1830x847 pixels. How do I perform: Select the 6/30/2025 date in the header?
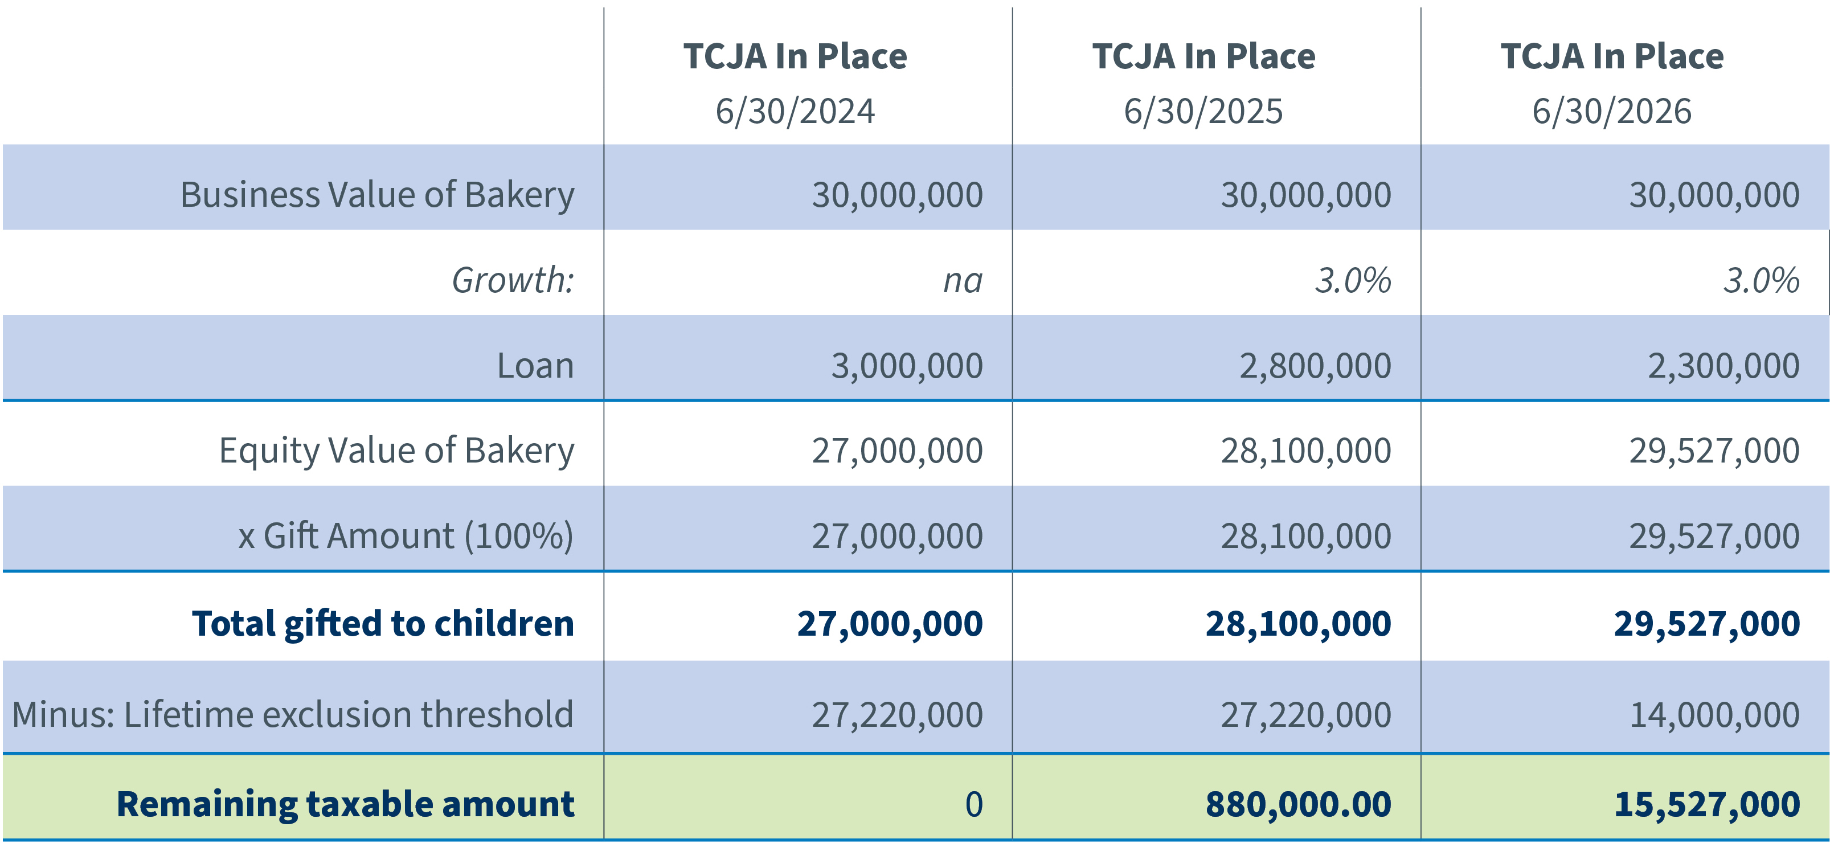(x=1203, y=112)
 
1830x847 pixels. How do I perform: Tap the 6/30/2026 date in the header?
(x=1611, y=112)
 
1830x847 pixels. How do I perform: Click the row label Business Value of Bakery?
(x=376, y=195)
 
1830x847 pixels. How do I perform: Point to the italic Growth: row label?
(x=513, y=280)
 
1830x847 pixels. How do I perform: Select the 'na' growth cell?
(x=963, y=280)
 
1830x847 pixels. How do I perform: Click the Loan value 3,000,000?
(x=907, y=366)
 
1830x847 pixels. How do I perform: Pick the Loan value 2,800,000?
(x=1315, y=366)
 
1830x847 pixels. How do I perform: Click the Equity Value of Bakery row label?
(x=396, y=451)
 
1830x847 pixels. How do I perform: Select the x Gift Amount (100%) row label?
(x=405, y=536)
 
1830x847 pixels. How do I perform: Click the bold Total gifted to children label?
(x=383, y=624)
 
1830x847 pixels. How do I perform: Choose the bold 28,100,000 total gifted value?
(x=1298, y=624)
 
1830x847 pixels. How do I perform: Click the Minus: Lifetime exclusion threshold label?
(x=293, y=715)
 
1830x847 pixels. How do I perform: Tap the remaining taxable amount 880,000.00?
(x=1298, y=804)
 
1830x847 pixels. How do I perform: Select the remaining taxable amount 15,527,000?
(x=1706, y=804)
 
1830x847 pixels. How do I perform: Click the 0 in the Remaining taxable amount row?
(x=973, y=804)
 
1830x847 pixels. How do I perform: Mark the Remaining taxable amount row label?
(x=345, y=804)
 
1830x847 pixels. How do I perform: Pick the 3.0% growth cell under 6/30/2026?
(x=1761, y=280)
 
